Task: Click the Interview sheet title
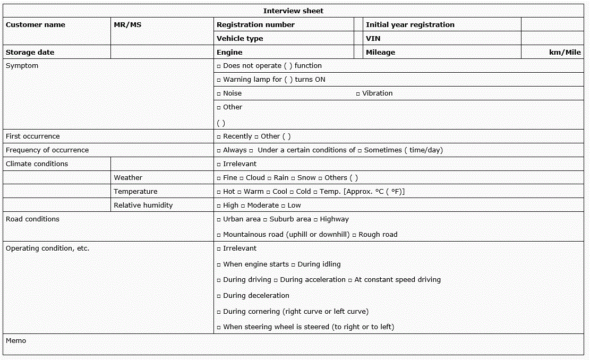point(293,11)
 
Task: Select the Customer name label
point(36,24)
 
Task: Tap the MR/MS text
point(127,24)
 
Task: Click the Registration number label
point(255,24)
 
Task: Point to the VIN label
point(373,38)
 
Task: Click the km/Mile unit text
point(565,52)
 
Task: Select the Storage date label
point(30,52)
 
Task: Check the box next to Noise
point(219,93)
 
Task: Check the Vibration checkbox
point(358,93)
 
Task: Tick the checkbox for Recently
point(219,136)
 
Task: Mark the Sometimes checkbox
point(360,150)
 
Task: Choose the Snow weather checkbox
point(293,178)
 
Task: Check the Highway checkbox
point(315,219)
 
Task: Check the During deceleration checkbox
point(219,296)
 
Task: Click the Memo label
point(16,340)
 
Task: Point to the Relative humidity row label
point(143,205)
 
